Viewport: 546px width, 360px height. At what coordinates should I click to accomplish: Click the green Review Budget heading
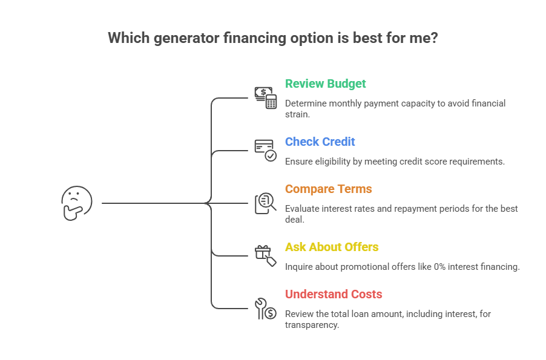tap(325, 83)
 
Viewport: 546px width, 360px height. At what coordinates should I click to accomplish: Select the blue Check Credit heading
tap(320, 142)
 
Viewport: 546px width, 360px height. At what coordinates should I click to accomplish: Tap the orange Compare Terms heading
tap(328, 189)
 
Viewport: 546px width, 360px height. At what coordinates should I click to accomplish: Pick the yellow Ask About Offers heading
tap(332, 247)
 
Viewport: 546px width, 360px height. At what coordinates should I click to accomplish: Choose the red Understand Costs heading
tap(334, 295)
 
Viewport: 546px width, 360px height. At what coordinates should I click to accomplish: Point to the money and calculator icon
tap(265, 97)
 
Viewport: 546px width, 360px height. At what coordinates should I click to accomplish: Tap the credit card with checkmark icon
tap(265, 150)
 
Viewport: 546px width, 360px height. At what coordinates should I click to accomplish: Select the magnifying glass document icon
tap(265, 203)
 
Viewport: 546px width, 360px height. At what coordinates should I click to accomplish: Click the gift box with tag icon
tap(265, 255)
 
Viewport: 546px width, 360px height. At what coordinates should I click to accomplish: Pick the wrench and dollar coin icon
tap(265, 308)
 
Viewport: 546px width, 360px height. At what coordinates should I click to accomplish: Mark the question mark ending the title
tap(434, 38)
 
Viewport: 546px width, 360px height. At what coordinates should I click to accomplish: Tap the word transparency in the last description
tap(312, 325)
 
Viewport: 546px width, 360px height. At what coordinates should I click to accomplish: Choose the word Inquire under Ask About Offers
tap(300, 267)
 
